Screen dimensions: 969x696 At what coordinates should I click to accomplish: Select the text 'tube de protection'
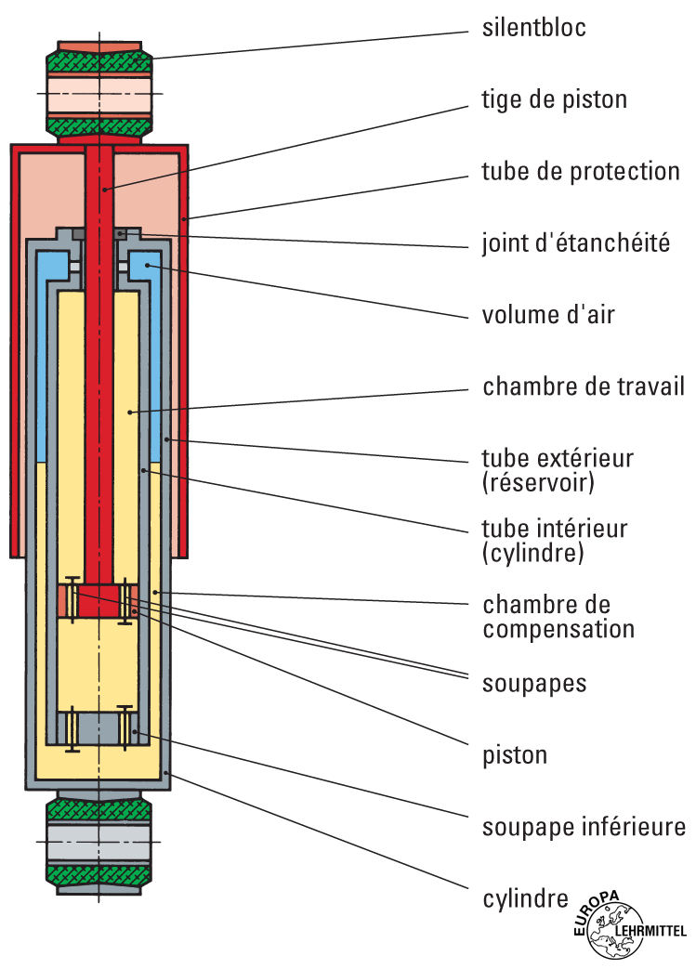tap(581, 172)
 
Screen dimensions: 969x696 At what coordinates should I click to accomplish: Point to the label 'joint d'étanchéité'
tap(576, 244)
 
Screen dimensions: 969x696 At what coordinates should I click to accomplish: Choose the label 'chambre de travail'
tap(584, 386)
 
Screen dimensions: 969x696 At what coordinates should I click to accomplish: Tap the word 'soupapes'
tap(534, 684)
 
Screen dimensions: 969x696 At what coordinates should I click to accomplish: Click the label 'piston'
tap(515, 754)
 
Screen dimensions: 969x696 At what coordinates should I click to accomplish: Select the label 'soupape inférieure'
tap(584, 826)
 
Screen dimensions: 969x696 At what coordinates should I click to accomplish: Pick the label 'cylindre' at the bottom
tap(525, 898)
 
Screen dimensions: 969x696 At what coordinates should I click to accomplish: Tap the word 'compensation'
tap(558, 629)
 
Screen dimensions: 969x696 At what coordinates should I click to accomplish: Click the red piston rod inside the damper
tap(98, 372)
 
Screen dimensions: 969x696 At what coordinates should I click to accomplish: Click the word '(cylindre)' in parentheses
tap(533, 555)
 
